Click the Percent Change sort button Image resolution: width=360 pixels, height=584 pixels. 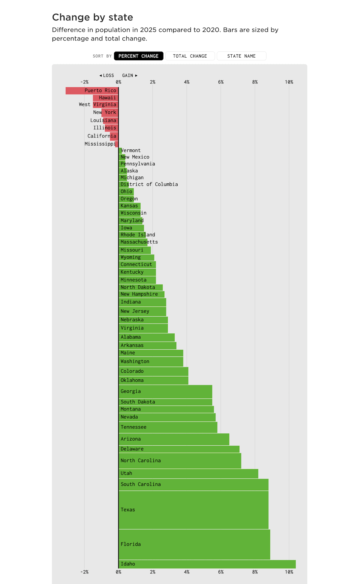(x=139, y=56)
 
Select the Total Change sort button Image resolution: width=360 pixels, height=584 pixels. (x=190, y=56)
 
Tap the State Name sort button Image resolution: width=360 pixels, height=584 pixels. (x=241, y=56)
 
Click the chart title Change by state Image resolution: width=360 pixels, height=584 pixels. (x=92, y=17)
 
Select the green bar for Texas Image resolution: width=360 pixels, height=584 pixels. (x=193, y=510)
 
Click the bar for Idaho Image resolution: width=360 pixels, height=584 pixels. (x=207, y=564)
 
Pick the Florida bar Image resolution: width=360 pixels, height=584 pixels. (x=194, y=544)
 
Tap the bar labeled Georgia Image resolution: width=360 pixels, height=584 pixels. (x=165, y=392)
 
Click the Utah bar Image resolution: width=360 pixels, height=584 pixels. (x=188, y=474)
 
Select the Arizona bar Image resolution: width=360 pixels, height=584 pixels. (x=174, y=439)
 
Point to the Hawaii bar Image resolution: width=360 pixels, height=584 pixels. (x=106, y=98)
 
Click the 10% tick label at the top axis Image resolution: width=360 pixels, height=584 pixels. (x=289, y=82)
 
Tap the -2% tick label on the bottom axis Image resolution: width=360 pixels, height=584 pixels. (x=84, y=572)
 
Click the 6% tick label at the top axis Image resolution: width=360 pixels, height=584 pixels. (x=221, y=82)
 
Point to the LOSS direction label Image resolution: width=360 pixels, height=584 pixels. (x=107, y=76)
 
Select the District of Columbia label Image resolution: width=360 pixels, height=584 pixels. (x=149, y=184)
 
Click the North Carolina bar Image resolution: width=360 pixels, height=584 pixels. (x=180, y=461)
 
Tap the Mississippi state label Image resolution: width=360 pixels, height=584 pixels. (x=100, y=144)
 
